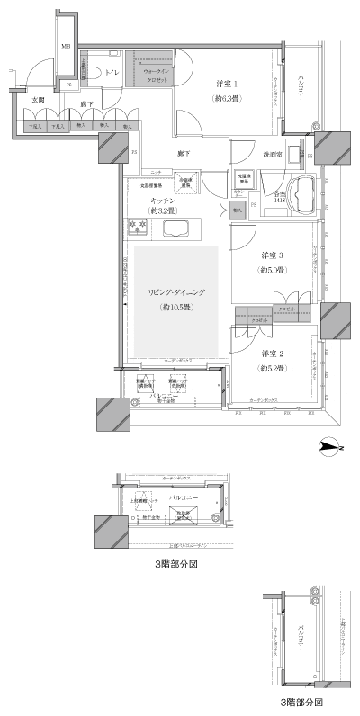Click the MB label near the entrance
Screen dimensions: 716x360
(66, 46)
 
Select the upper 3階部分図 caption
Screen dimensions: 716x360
(175, 567)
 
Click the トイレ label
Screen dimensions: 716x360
(112, 69)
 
